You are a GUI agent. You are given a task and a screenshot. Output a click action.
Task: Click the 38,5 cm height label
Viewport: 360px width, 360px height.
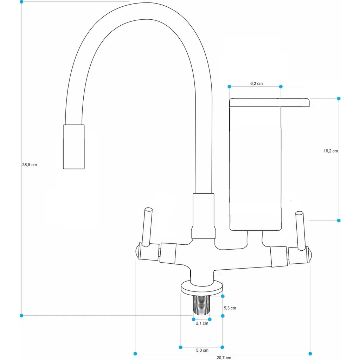(x=30, y=165)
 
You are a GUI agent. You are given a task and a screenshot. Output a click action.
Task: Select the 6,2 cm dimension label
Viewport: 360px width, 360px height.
(x=256, y=84)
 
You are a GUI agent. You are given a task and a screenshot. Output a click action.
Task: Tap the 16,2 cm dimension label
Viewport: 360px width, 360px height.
(x=330, y=151)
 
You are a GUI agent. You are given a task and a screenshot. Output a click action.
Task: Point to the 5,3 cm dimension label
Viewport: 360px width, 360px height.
(x=230, y=308)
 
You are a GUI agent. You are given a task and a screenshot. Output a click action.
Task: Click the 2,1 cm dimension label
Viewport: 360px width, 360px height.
(x=202, y=323)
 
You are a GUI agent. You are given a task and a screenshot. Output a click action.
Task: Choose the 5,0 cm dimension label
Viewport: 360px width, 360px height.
(x=202, y=351)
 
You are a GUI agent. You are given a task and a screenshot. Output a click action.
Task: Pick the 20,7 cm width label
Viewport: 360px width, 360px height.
(x=224, y=358)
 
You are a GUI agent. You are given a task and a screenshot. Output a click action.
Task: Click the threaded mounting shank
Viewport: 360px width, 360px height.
(x=201, y=305)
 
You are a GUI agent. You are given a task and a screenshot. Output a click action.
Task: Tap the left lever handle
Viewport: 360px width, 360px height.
(x=147, y=227)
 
